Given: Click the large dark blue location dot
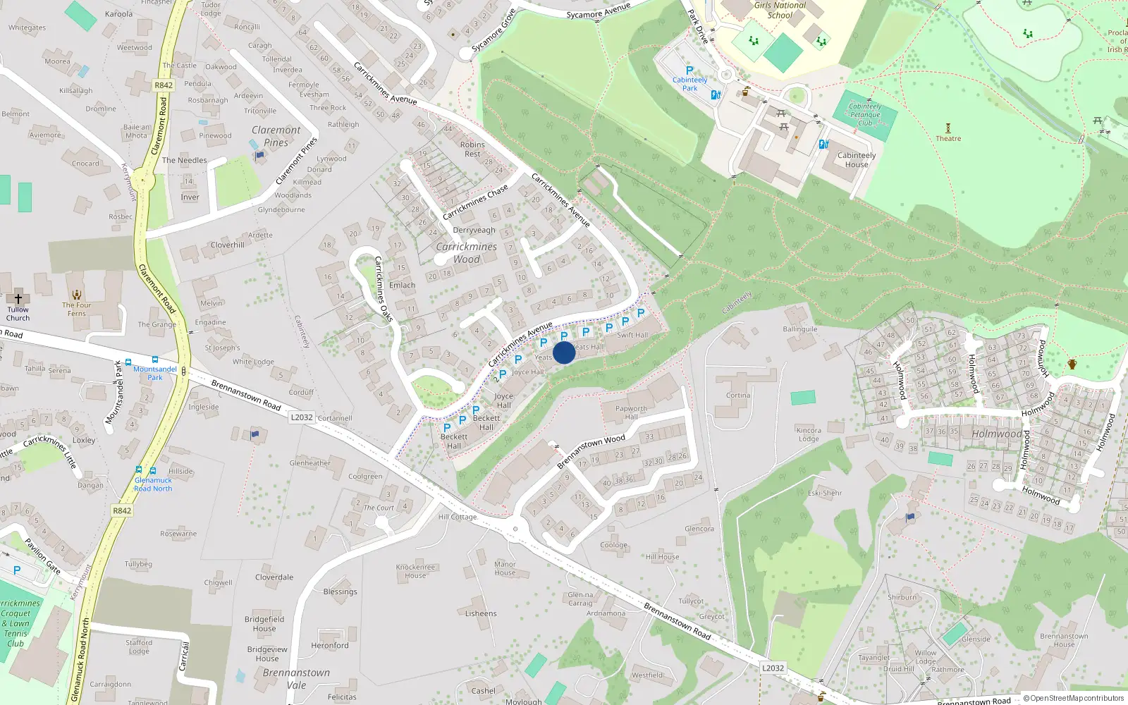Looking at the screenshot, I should click(x=564, y=352).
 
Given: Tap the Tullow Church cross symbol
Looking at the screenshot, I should click(x=18, y=298).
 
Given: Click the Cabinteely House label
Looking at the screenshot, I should click(x=857, y=160).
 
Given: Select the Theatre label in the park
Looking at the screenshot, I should click(x=948, y=138).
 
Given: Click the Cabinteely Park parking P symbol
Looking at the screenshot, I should click(x=689, y=70).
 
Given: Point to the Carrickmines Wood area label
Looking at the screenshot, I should click(x=467, y=253).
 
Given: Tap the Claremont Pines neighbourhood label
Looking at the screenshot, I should click(x=276, y=136).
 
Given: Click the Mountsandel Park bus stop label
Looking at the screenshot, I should click(x=155, y=373).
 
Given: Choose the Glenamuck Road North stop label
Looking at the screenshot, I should click(x=153, y=484).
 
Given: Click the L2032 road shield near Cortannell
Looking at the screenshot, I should click(x=302, y=417).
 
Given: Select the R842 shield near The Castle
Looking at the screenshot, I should click(x=164, y=85).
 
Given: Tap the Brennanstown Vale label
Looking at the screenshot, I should click(x=296, y=678).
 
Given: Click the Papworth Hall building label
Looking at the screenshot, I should click(x=631, y=412).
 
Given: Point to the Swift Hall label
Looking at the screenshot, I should click(x=632, y=335).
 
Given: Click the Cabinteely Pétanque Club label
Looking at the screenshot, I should click(x=865, y=114).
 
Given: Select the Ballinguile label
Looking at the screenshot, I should click(x=800, y=329).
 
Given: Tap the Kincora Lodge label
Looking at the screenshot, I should click(x=809, y=434).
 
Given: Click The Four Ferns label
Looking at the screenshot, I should click(x=77, y=309).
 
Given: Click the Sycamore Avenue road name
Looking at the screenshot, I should click(x=599, y=11).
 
